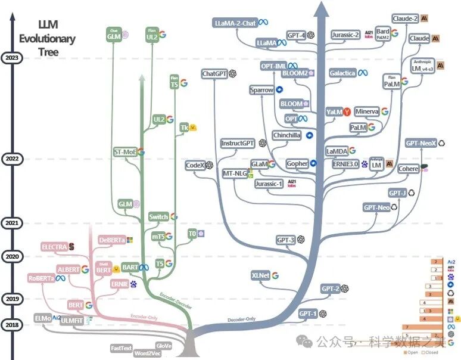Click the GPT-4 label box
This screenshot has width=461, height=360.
tap(296, 35)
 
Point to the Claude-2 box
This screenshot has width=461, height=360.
tap(406, 18)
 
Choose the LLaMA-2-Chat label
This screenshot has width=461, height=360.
tap(235, 23)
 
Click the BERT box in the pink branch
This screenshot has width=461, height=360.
tap(76, 305)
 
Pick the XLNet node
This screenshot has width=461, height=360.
tap(261, 275)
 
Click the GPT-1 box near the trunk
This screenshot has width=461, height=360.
tap(308, 313)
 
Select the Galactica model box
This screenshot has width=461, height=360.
tap(342, 73)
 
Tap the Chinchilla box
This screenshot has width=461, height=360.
tap(287, 135)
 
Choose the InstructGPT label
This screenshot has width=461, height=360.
tap(238, 144)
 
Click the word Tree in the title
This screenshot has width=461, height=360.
tap(46, 52)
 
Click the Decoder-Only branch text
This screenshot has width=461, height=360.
tap(242, 320)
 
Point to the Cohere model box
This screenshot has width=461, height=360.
tap(408, 169)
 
